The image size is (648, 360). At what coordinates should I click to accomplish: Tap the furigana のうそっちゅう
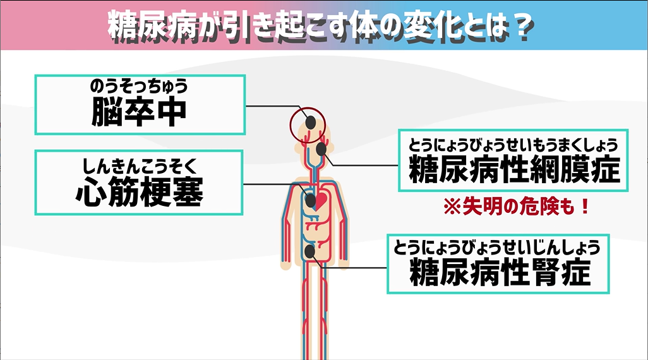[139, 86]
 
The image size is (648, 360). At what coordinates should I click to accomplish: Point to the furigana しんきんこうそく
[139, 166]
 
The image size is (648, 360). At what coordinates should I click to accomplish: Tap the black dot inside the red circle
[311, 121]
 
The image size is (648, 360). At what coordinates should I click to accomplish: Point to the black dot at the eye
[322, 149]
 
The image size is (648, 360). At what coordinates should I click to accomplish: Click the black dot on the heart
[311, 201]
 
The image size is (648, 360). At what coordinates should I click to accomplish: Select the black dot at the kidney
[310, 251]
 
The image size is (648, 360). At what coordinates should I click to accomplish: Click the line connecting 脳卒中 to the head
[272, 107]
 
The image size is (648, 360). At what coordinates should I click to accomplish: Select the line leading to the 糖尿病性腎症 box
[354, 268]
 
